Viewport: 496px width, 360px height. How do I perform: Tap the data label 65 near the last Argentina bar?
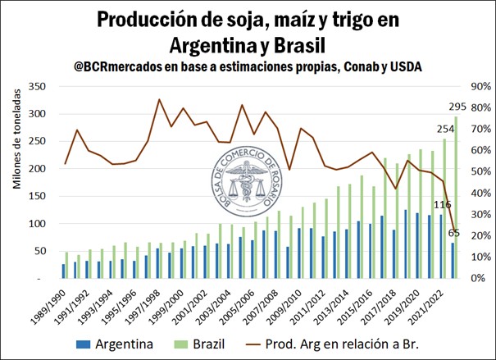tap(453, 234)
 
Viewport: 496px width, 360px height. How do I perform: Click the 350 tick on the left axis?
tap(37, 86)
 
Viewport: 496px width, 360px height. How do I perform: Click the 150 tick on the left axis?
tap(37, 196)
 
